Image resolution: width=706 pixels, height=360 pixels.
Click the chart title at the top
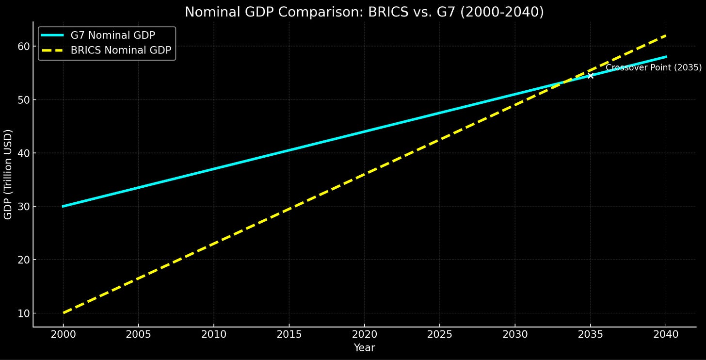364,12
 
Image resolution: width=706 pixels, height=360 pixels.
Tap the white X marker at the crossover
590,75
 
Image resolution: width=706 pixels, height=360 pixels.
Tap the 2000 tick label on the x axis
63,334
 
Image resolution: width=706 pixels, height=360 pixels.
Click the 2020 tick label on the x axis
364,334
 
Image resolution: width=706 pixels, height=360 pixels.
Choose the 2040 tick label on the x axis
666,334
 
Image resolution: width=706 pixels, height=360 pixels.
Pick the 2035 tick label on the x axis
590,334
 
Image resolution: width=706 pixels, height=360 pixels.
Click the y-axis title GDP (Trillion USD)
8,174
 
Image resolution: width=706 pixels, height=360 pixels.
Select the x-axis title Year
364,347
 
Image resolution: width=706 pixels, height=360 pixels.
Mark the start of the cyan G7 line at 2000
64,206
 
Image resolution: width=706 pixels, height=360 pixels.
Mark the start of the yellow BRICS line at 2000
64,313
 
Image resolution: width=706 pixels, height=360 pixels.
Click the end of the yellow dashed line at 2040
665,35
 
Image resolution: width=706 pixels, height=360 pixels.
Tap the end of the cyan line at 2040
665,57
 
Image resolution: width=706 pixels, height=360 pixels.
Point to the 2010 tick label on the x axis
214,334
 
